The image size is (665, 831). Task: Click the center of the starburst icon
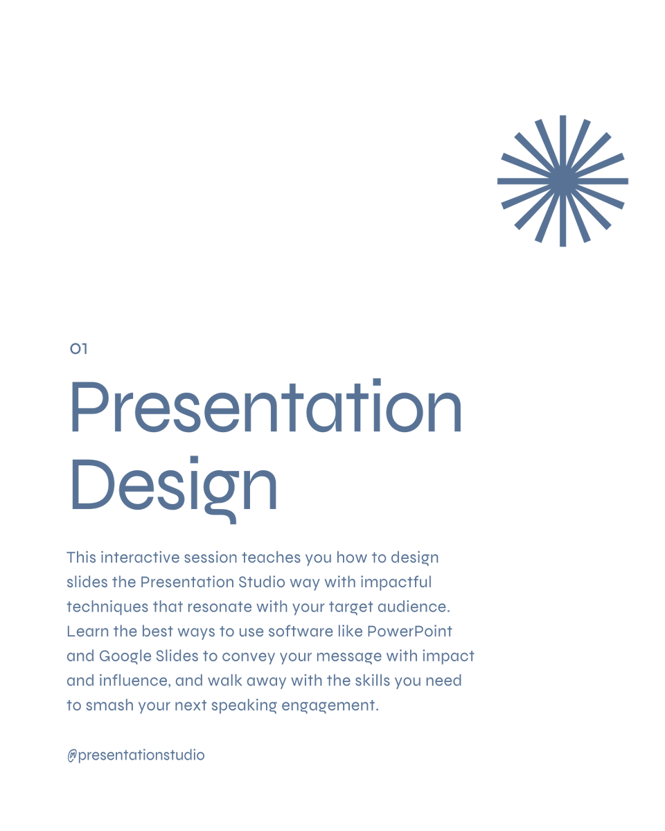coord(562,181)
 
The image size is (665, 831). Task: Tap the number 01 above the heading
coord(79,349)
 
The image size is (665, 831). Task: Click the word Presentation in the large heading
coord(266,409)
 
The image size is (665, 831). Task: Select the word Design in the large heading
coord(173,485)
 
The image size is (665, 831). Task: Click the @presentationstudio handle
coord(136,755)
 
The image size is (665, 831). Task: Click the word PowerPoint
coord(409,632)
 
